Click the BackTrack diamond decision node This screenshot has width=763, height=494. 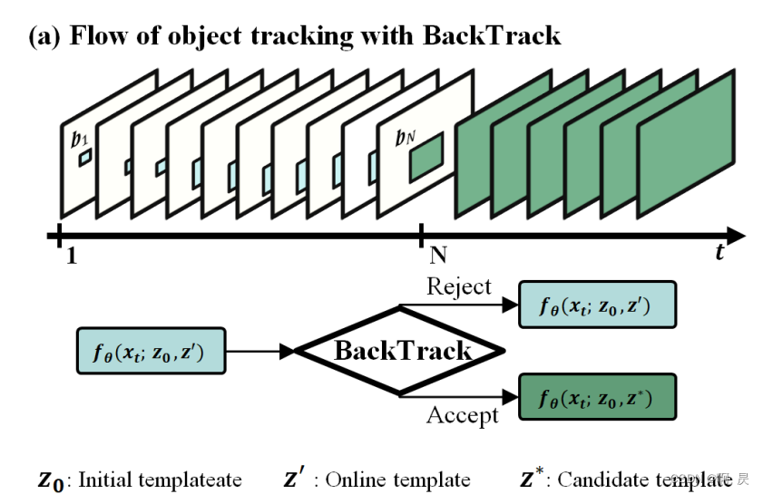coord(403,351)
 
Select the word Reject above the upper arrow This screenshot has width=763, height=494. coord(458,287)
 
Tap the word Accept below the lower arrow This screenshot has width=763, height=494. coord(463,415)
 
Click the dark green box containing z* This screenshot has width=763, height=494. coord(597,397)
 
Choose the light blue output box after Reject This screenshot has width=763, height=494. coord(597,305)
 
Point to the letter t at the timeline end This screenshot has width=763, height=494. coord(719,252)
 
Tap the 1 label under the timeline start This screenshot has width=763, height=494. coord(71,257)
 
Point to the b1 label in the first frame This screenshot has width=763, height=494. coord(78,139)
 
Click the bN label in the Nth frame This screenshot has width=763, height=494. coord(406,139)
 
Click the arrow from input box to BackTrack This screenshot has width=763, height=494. coord(258,351)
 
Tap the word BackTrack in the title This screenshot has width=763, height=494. coord(491,36)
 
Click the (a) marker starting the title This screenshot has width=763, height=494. coord(45,36)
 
